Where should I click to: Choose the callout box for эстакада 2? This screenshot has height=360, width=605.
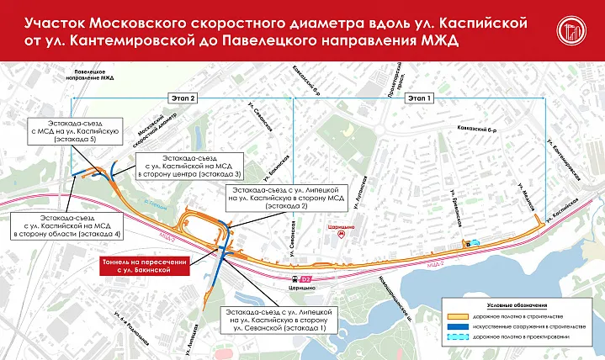[x=274, y=197]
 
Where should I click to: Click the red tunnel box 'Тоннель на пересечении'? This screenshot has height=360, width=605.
[x=141, y=265]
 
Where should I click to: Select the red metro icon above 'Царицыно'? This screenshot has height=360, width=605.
[x=340, y=236]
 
